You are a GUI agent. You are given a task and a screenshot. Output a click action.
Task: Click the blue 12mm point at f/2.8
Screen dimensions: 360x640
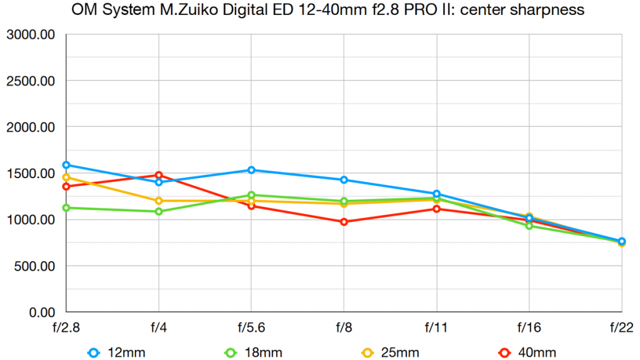[x=66, y=165]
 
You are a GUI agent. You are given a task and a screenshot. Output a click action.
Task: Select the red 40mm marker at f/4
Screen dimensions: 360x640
[x=159, y=175]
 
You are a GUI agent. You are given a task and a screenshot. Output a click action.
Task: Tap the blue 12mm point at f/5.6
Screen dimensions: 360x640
[x=251, y=170]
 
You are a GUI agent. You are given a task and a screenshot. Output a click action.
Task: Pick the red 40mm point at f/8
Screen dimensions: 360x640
[x=344, y=222]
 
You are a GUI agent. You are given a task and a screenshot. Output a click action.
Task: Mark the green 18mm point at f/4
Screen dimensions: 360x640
[x=159, y=211]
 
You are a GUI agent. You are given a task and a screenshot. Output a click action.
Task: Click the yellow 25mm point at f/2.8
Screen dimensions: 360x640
[x=66, y=177]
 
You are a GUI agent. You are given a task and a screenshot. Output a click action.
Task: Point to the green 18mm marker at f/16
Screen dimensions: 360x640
[x=529, y=226]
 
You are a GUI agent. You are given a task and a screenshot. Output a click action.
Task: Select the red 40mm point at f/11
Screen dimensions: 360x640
[x=436, y=209]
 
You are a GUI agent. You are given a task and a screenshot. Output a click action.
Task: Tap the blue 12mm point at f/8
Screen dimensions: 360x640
[x=344, y=180]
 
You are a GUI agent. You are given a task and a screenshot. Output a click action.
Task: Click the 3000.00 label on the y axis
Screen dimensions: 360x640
[x=31, y=35]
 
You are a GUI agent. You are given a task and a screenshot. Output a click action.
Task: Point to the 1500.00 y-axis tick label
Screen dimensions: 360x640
[x=31, y=174]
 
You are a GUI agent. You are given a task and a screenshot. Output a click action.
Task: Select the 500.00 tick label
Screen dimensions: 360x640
[x=34, y=266]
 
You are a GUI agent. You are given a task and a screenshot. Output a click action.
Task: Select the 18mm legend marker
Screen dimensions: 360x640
[x=231, y=353]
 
